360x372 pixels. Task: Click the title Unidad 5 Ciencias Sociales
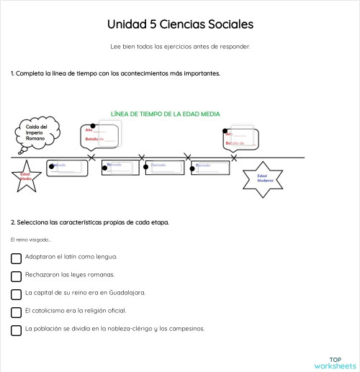180,24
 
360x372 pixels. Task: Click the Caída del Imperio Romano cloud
35,135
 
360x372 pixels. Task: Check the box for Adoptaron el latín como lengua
17,257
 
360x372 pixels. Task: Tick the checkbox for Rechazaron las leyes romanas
17,276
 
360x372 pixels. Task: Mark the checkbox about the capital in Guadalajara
17,294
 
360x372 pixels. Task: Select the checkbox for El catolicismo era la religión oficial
17,312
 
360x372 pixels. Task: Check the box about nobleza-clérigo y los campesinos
17,330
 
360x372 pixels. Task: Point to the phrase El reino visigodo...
31,240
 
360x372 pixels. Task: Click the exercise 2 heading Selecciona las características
90,222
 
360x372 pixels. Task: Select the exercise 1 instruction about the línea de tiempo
115,73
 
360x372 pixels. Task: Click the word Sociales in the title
229,24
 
